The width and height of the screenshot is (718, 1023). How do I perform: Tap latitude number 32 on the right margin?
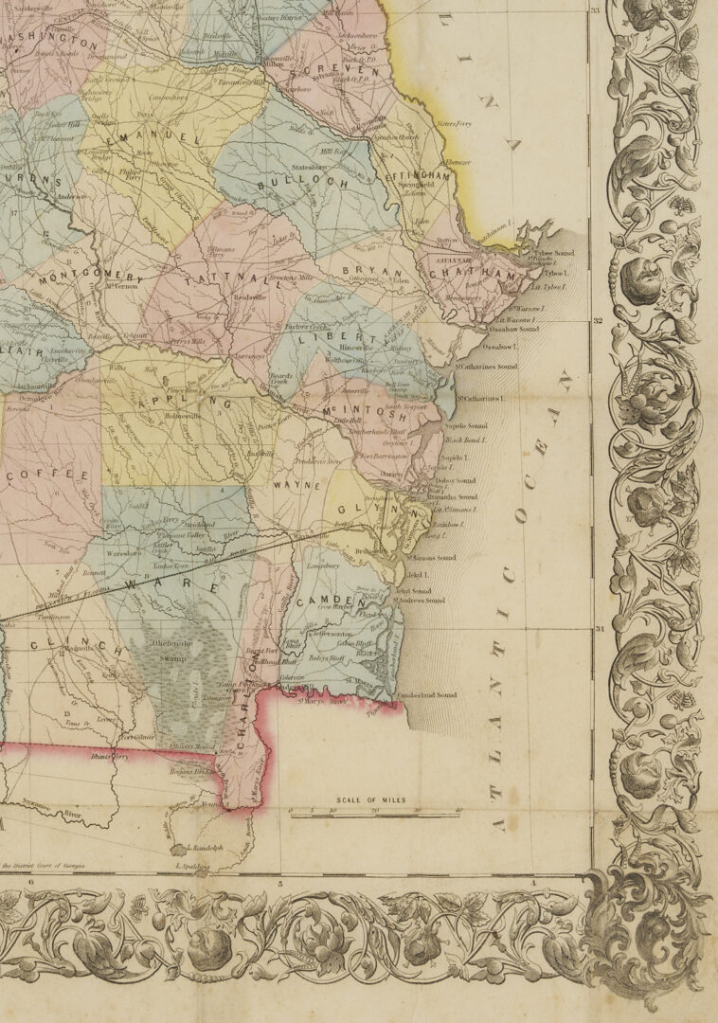(598, 321)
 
